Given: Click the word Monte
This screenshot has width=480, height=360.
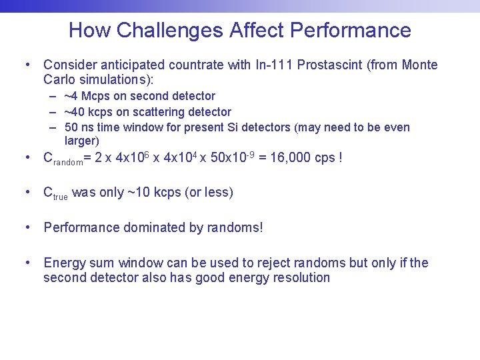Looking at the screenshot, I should click(418, 65).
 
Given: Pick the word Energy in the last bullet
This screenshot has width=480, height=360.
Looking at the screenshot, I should click(64, 263).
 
